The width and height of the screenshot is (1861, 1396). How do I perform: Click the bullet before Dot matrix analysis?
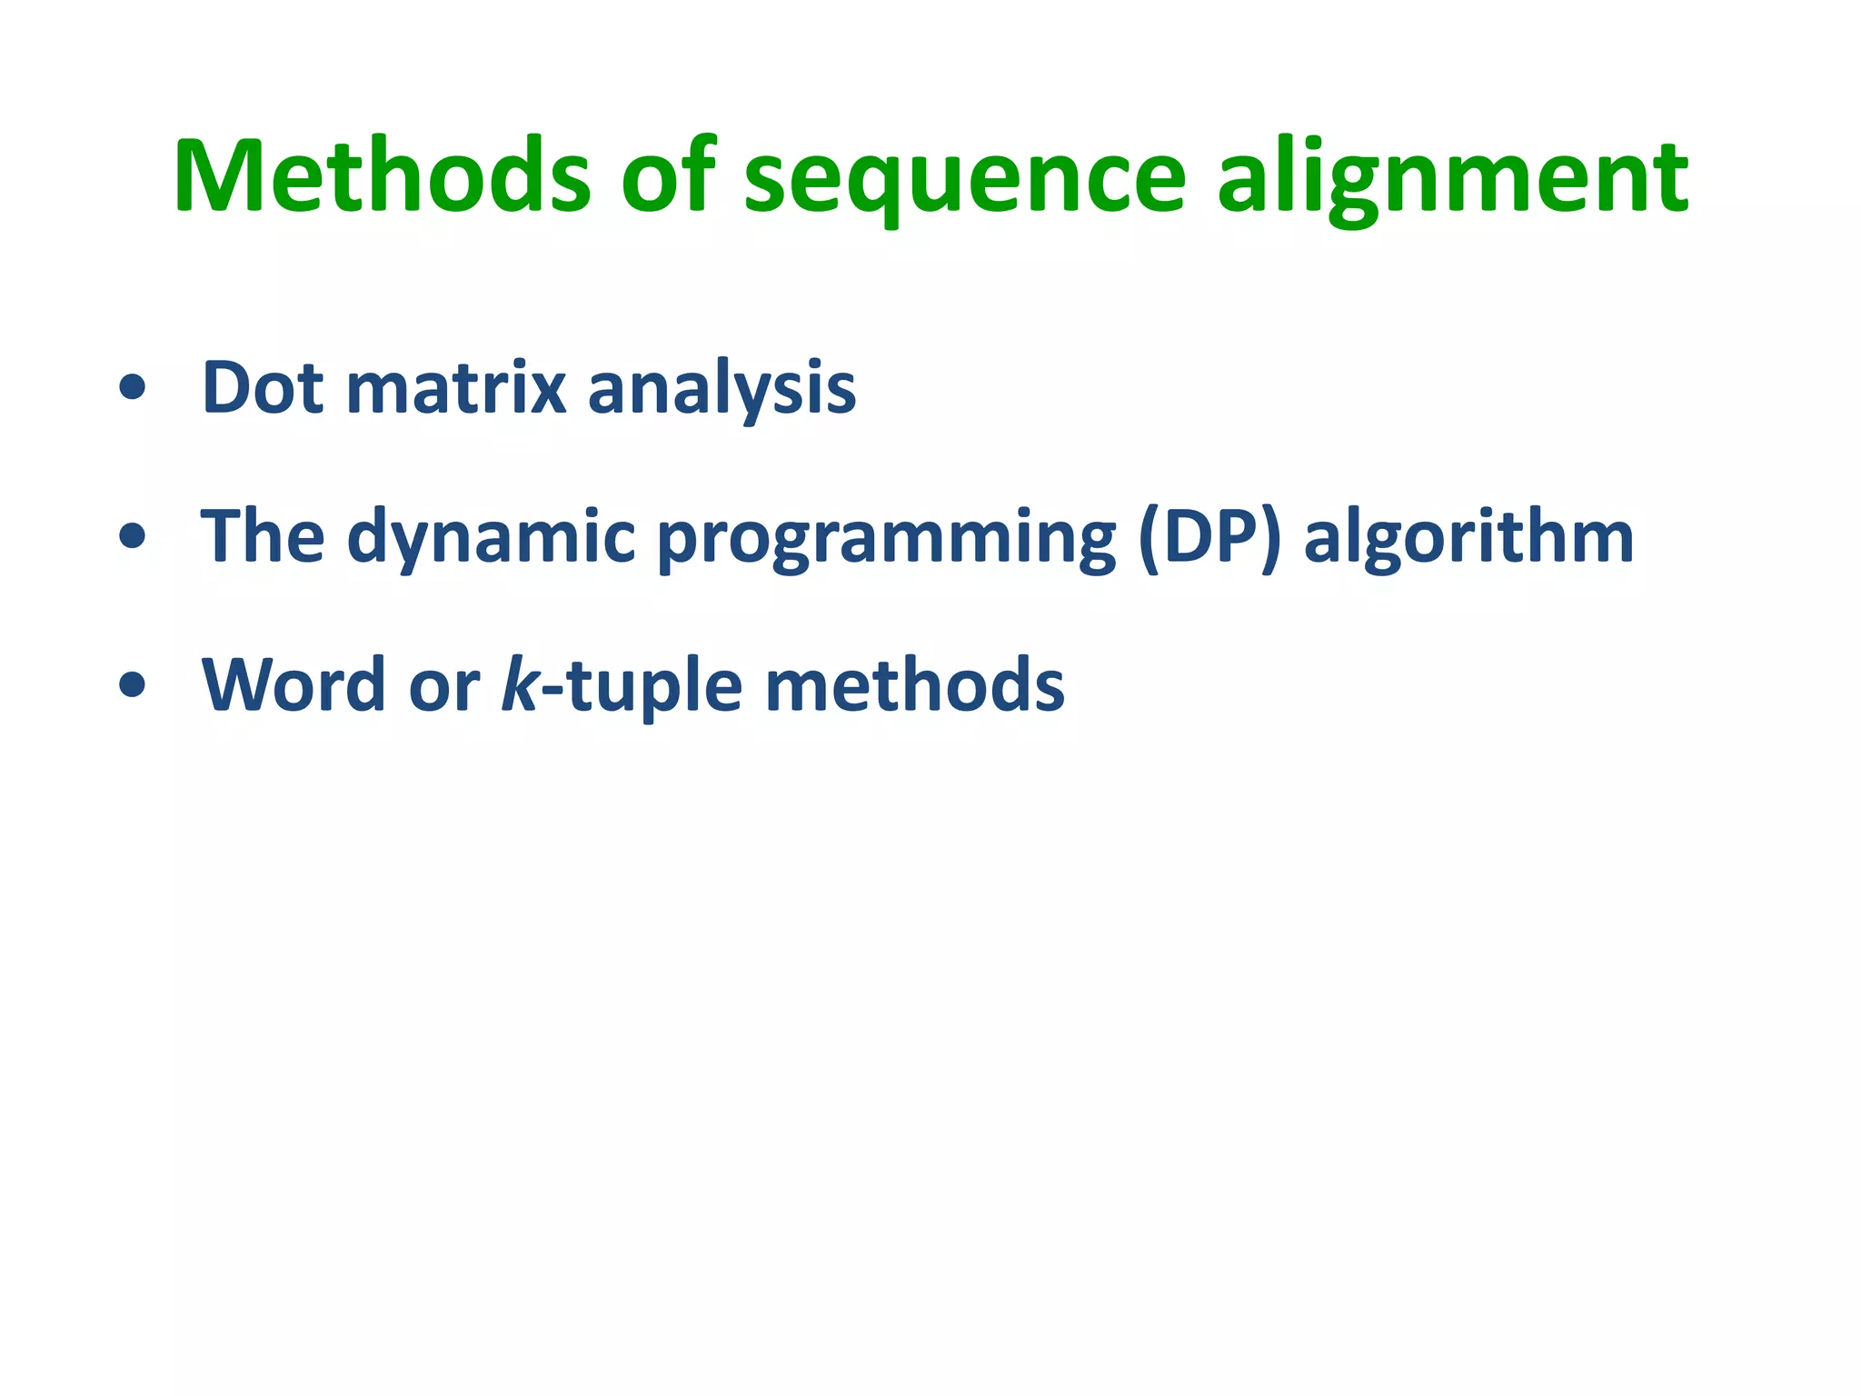tap(132, 388)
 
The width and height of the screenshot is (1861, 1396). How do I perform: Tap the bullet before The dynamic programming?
tap(132, 536)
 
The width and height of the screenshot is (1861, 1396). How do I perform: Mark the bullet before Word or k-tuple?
tap(132, 684)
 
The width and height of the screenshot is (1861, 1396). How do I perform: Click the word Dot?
tap(263, 388)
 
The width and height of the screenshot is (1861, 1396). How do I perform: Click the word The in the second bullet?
tap(263, 536)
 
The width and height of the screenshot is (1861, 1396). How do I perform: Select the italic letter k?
tap(520, 683)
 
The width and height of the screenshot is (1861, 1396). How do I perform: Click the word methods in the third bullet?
tap(914, 685)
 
